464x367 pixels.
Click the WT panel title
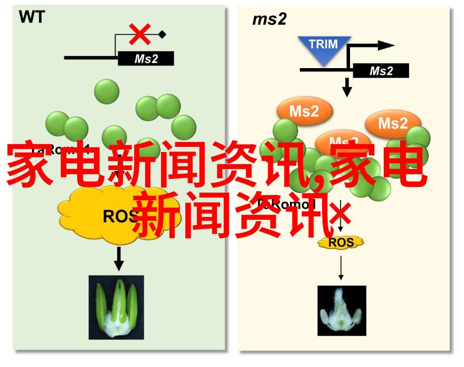[x=32, y=17]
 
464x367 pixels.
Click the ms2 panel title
[x=269, y=20]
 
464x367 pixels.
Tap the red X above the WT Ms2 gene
[x=140, y=35]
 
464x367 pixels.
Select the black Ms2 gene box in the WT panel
[x=146, y=59]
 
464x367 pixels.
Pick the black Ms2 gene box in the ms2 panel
[x=380, y=71]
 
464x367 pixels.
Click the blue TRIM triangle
[x=324, y=47]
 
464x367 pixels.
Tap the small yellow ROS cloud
[x=340, y=242]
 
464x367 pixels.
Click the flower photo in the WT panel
[x=116, y=308]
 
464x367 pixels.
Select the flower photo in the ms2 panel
[x=342, y=311]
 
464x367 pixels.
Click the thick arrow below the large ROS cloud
[x=119, y=259]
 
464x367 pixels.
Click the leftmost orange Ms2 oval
[x=304, y=111]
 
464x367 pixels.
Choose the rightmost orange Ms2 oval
[x=393, y=124]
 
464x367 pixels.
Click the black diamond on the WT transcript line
[x=162, y=35]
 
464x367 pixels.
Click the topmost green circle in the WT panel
[x=107, y=91]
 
